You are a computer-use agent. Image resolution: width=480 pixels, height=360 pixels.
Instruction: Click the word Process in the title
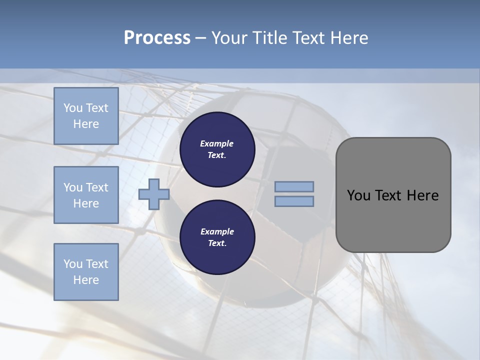click(x=157, y=38)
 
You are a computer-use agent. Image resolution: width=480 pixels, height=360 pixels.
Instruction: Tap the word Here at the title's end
click(x=348, y=38)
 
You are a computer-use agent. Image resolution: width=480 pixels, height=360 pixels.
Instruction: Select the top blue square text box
click(x=86, y=116)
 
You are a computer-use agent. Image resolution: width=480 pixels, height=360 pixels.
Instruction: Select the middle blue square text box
click(x=86, y=195)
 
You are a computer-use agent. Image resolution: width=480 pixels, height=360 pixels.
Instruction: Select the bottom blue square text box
click(x=86, y=272)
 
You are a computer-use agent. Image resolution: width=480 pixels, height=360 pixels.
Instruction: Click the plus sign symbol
click(x=154, y=194)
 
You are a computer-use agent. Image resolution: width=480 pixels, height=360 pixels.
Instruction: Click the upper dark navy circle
click(x=217, y=149)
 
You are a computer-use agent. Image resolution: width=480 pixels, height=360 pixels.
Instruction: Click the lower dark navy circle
click(x=217, y=237)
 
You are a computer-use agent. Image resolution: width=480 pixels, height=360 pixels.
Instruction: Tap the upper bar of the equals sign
click(x=294, y=187)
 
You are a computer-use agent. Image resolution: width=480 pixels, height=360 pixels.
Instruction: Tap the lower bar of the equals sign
click(x=294, y=201)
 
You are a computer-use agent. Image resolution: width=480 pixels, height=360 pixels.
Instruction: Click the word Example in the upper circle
click(x=217, y=143)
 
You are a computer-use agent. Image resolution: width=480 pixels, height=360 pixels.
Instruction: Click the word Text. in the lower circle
click(x=217, y=243)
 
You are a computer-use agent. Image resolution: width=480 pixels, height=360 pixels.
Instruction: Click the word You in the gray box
click(x=358, y=195)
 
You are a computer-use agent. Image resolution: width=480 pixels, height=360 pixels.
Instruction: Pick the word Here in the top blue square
click(x=86, y=124)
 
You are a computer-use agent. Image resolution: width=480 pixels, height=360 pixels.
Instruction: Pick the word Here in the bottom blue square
click(x=86, y=280)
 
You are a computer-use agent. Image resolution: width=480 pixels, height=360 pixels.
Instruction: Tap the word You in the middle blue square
click(x=73, y=187)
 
